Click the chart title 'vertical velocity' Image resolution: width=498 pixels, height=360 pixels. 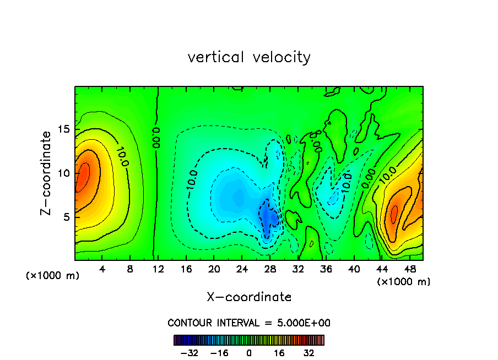coord(249,57)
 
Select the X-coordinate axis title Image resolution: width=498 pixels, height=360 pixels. coord(249,297)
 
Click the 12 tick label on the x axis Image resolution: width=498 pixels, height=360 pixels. coord(159,269)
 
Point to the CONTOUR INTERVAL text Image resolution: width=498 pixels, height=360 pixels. coord(249,323)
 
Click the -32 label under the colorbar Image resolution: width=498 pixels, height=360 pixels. coord(189,353)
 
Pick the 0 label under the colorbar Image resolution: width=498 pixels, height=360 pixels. coord(249,353)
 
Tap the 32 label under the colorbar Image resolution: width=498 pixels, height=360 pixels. coord(309,353)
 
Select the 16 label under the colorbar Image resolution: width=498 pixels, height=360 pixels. coord(279,353)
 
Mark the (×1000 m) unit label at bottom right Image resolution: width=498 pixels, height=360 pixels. coord(404,282)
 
